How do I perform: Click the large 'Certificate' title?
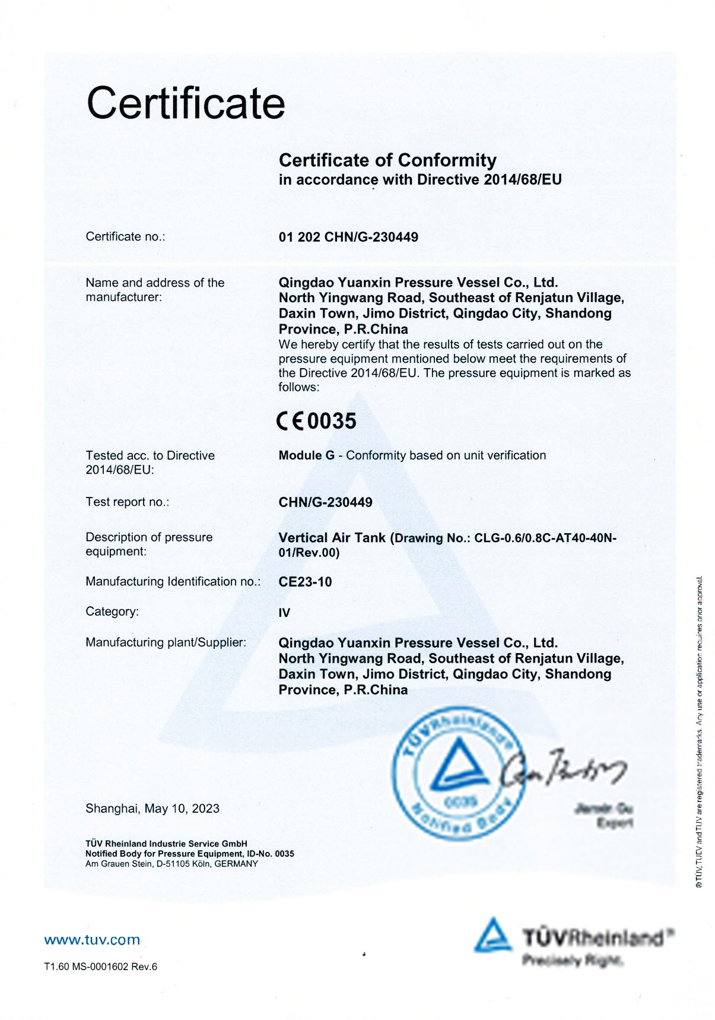tap(186, 103)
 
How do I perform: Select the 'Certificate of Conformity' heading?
tap(387, 160)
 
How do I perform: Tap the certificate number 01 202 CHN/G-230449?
tap(348, 237)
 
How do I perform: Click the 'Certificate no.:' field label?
tap(125, 237)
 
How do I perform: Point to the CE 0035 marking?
tap(317, 421)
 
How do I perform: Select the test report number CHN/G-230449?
tap(325, 502)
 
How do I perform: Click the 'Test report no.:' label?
tap(127, 502)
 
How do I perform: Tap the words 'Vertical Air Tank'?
tap(332, 538)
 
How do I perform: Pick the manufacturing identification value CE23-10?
tap(305, 582)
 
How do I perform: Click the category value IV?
tap(284, 613)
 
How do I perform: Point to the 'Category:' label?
tap(112, 612)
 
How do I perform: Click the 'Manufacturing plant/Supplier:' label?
tap(166, 642)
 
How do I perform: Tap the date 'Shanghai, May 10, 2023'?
tap(152, 809)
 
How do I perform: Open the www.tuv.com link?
tap(92, 940)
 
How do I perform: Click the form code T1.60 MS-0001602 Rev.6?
tap(101, 967)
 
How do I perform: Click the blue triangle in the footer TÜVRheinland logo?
tap(492, 936)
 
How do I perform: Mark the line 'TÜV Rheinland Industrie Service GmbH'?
tap(166, 844)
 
